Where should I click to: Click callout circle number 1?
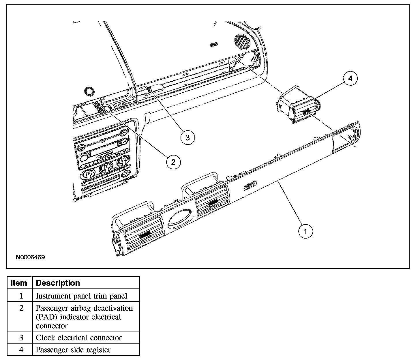tap(305, 231)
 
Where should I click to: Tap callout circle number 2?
tap(173, 162)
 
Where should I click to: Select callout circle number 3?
tap(188, 137)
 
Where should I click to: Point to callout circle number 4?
tap(350, 78)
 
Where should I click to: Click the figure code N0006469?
tap(30, 257)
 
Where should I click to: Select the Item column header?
tap(19, 283)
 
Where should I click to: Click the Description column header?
tap(58, 283)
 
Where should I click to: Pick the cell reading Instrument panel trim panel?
tap(81, 296)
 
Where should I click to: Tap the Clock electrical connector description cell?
tap(79, 337)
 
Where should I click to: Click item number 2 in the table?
tap(21, 308)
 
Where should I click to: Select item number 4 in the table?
tap(21, 350)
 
